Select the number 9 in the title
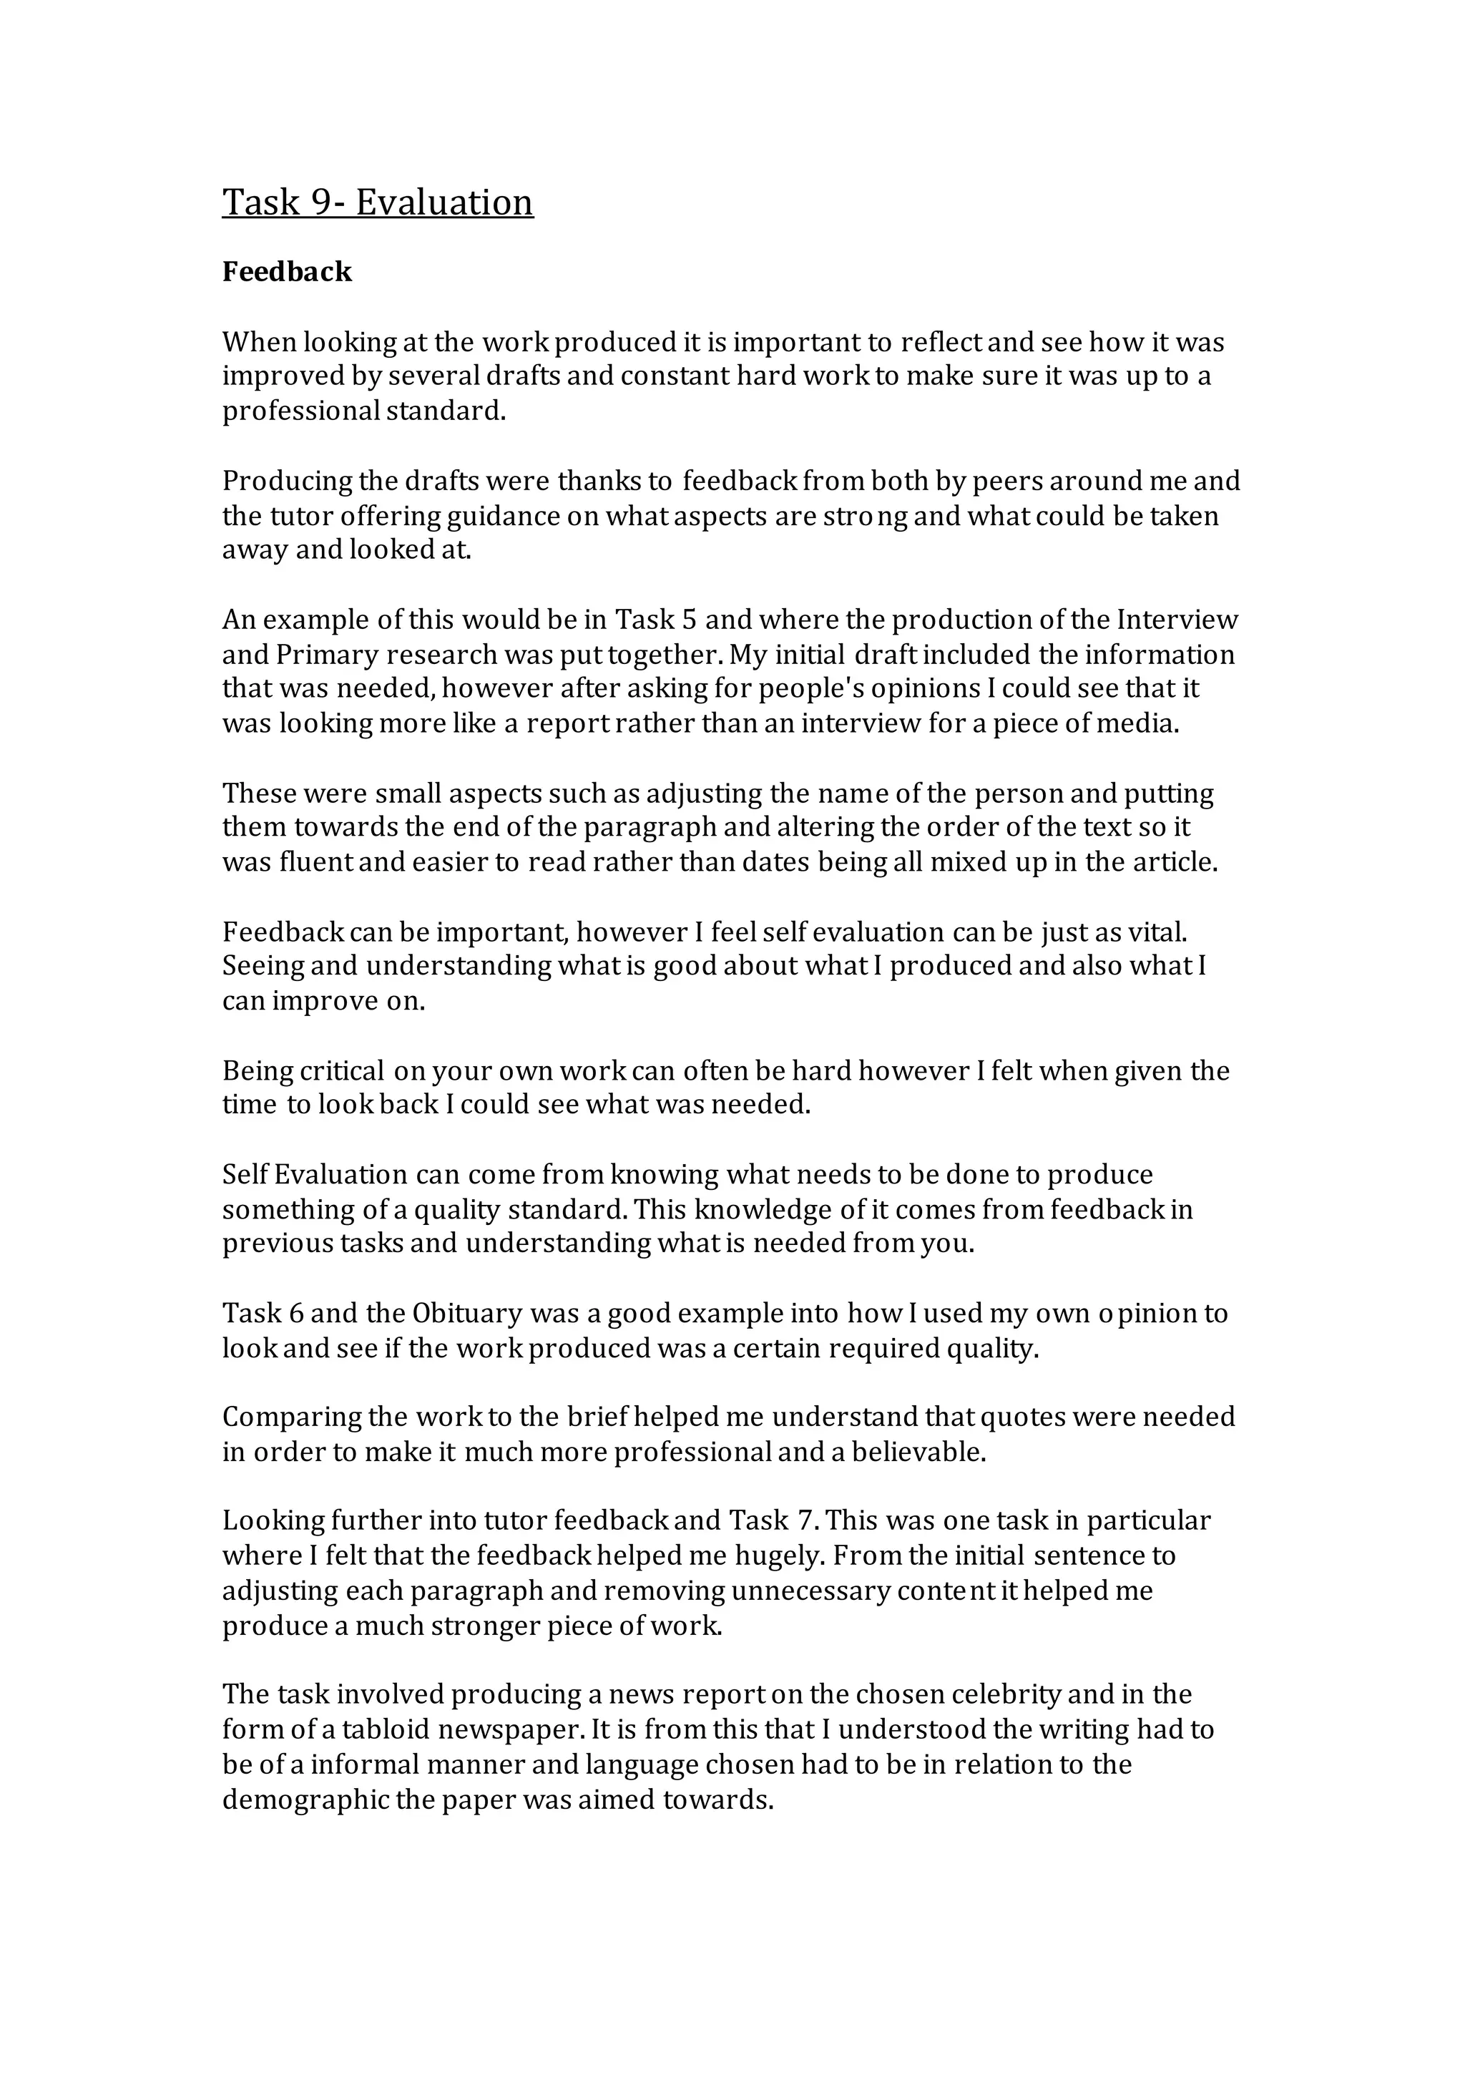(x=323, y=202)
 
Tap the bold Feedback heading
(x=287, y=272)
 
